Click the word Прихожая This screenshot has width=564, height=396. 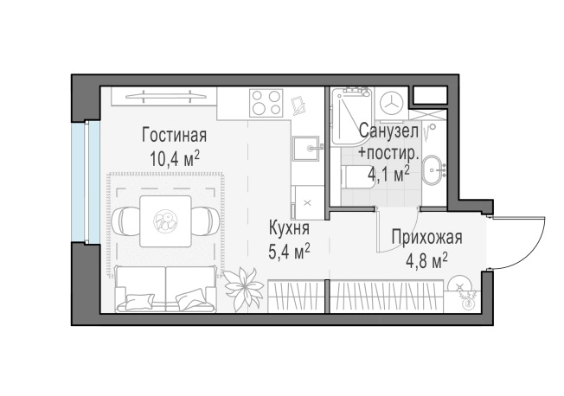[x=426, y=238]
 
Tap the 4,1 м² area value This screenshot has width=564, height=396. [x=388, y=174]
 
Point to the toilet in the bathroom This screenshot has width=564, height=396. [x=355, y=178]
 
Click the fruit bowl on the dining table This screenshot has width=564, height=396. [x=164, y=222]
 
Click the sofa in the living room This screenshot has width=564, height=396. [x=164, y=289]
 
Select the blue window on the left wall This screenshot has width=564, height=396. [x=80, y=181]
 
